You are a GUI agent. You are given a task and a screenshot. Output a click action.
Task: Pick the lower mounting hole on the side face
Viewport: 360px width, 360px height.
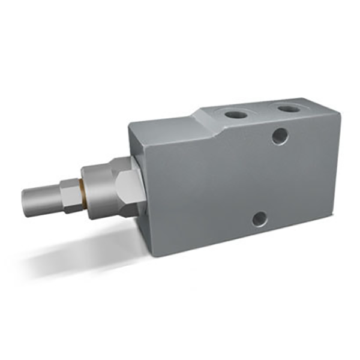(x=259, y=219)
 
